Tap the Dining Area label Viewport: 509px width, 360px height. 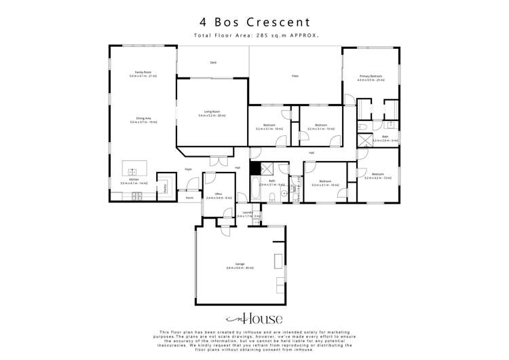(x=143, y=120)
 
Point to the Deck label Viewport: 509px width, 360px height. (x=212, y=62)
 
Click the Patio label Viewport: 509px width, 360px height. (x=295, y=76)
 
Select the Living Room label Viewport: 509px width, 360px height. (x=212, y=113)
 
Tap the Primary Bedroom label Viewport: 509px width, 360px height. (x=371, y=77)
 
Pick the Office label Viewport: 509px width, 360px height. (x=219, y=196)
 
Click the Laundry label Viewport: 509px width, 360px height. (x=248, y=214)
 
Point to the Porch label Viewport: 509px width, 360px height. (x=189, y=198)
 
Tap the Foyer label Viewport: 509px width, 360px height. (x=189, y=168)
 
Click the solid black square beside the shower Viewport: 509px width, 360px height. (x=254, y=170)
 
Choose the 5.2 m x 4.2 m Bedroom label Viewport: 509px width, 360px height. (x=377, y=176)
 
